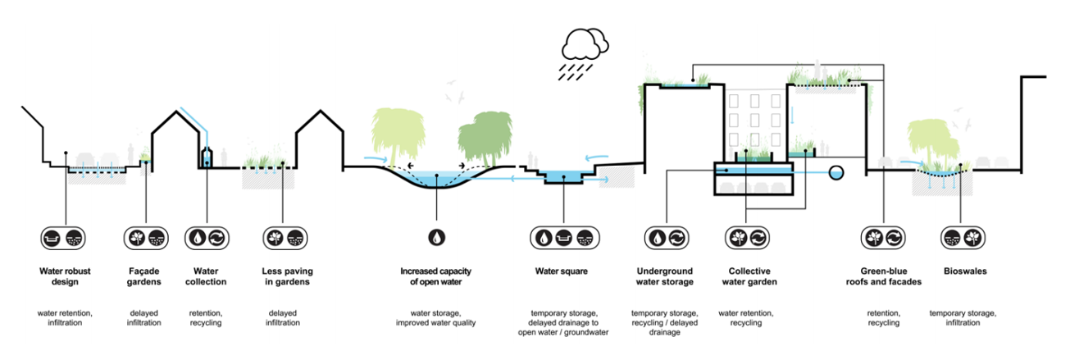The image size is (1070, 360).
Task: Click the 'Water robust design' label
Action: pos(58,276)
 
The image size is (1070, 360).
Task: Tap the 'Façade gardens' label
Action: pos(145,276)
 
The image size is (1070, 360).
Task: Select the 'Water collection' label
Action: pos(206,276)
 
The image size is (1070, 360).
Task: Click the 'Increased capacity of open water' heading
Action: pos(437,276)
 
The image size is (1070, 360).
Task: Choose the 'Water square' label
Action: pos(561,271)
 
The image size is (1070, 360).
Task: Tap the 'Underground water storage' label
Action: pos(664,276)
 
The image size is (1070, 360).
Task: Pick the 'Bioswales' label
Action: pos(963,271)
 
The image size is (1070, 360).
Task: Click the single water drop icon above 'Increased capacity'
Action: pos(437,238)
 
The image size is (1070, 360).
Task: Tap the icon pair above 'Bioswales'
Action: pos(963,238)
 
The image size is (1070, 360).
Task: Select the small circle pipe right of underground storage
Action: pos(836,173)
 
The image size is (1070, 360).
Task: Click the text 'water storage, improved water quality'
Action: pos(437,317)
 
